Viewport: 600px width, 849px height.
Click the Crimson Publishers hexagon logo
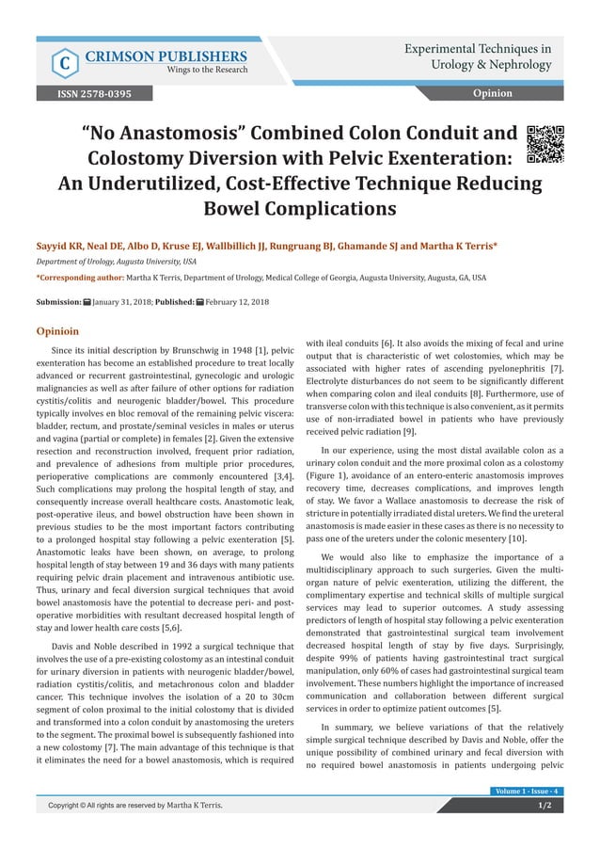pos(64,62)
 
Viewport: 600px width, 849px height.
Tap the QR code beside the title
pos(545,143)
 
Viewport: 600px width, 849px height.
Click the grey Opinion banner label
pos(492,93)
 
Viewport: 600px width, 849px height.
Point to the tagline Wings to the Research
pos(207,70)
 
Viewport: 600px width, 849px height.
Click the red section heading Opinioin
pos(58,331)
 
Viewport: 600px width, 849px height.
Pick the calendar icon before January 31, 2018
pos(87,301)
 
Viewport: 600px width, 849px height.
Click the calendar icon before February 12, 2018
pos(200,301)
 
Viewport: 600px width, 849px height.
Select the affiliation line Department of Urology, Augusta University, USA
pos(116,262)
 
